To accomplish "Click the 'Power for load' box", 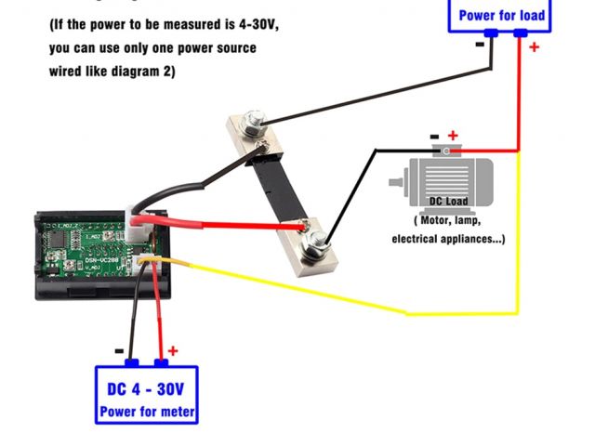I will pos(501,15).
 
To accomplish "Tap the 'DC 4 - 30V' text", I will pos(146,389).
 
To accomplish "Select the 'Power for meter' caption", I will pos(147,411).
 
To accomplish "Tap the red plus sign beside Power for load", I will pos(534,46).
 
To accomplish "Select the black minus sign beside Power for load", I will pos(480,44).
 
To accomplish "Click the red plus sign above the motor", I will pos(453,136).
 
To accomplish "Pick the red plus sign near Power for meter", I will pos(172,352).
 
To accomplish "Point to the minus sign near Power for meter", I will pos(119,351).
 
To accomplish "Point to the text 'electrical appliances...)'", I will pos(448,239).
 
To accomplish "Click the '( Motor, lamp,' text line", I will pos(448,220).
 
